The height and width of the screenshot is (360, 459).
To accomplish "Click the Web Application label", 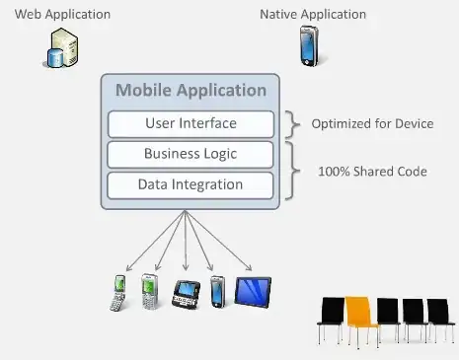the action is [x=62, y=15].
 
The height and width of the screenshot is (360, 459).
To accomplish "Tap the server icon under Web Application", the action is [x=62, y=47].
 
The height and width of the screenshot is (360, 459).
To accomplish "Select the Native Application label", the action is [x=313, y=15].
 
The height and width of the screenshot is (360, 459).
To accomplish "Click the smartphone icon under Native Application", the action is [x=310, y=46].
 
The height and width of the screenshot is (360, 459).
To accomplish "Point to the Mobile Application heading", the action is [x=191, y=90].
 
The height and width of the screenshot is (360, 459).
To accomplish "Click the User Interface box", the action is [x=191, y=124].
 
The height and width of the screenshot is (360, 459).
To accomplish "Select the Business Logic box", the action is [x=191, y=155].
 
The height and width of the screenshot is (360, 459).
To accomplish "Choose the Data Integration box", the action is [x=191, y=185].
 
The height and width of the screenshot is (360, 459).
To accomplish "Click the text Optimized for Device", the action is [x=372, y=124].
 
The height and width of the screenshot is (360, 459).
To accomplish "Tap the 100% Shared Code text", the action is [x=372, y=172].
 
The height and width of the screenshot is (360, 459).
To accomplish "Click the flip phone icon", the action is [x=118, y=293].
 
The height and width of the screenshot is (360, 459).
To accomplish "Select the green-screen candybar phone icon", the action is [x=150, y=292].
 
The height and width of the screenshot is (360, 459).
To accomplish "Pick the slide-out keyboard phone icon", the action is [x=187, y=294].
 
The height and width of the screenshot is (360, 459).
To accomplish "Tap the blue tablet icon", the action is [x=253, y=292].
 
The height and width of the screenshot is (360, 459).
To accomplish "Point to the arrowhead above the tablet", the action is [x=249, y=267].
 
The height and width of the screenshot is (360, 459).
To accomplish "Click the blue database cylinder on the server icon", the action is [x=55, y=58].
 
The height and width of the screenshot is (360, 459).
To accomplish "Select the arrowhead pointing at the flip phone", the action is [x=129, y=267].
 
